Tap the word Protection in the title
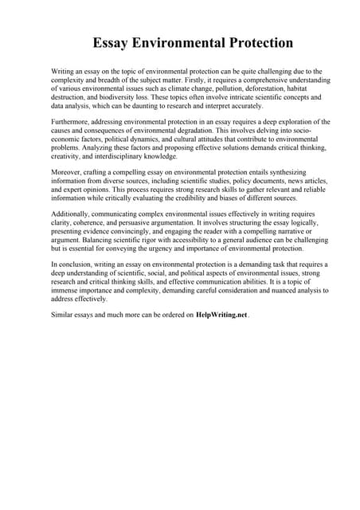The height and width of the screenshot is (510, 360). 257,43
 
